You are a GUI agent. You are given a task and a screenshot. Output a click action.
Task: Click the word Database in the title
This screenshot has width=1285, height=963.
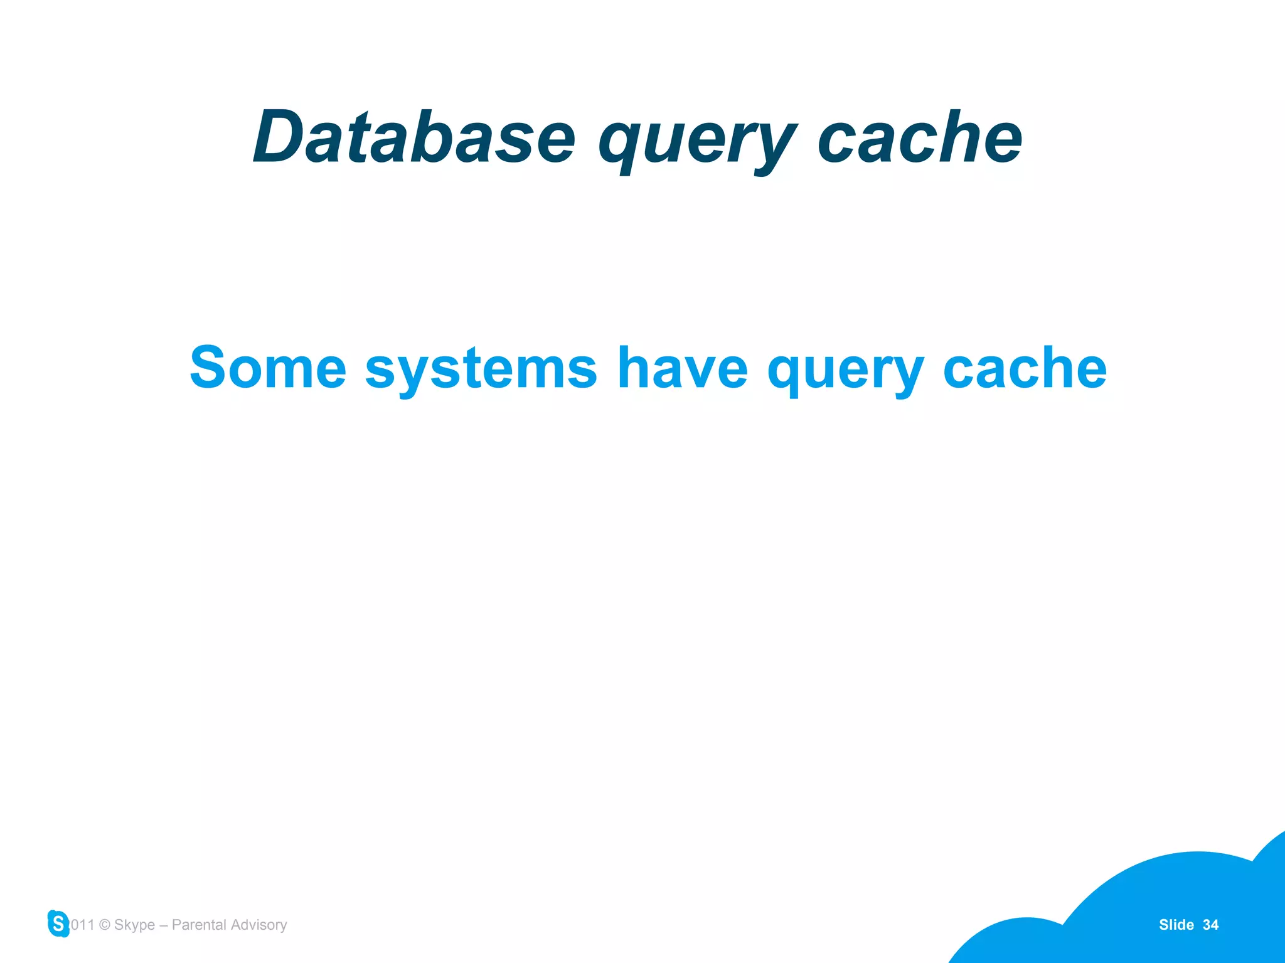click(x=414, y=137)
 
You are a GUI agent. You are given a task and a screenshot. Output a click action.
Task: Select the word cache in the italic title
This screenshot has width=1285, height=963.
click(x=920, y=137)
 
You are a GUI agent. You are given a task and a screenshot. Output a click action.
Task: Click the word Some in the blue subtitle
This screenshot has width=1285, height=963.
click(x=268, y=368)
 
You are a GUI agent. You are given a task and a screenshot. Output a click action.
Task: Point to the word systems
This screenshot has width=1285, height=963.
click(x=481, y=370)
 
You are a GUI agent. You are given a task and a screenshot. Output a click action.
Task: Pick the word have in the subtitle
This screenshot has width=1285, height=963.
click(x=683, y=368)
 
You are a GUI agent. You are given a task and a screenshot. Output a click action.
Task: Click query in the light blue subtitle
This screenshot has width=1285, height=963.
click(x=845, y=370)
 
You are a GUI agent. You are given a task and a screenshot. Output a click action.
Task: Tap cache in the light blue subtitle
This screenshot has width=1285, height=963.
click(x=1025, y=368)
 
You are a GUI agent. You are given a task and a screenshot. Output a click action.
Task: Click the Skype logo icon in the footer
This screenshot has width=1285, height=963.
click(x=58, y=923)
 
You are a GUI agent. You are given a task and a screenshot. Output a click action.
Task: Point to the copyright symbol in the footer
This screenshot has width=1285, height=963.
click(x=105, y=925)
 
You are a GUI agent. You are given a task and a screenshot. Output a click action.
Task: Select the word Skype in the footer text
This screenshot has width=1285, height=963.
click(x=134, y=925)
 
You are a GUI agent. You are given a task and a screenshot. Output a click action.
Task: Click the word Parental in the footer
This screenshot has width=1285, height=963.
click(x=199, y=925)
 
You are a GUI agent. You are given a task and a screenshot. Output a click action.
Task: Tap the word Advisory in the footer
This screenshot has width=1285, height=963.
click(x=259, y=925)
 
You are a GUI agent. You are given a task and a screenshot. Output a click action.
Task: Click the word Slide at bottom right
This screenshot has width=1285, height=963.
click(x=1176, y=925)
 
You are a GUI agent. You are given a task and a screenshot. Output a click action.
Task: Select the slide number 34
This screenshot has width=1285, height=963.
click(x=1210, y=925)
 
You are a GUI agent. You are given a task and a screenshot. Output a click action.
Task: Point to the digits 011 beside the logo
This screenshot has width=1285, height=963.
click(x=82, y=925)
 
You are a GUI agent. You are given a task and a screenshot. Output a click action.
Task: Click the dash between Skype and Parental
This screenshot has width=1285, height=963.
click(x=163, y=925)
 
